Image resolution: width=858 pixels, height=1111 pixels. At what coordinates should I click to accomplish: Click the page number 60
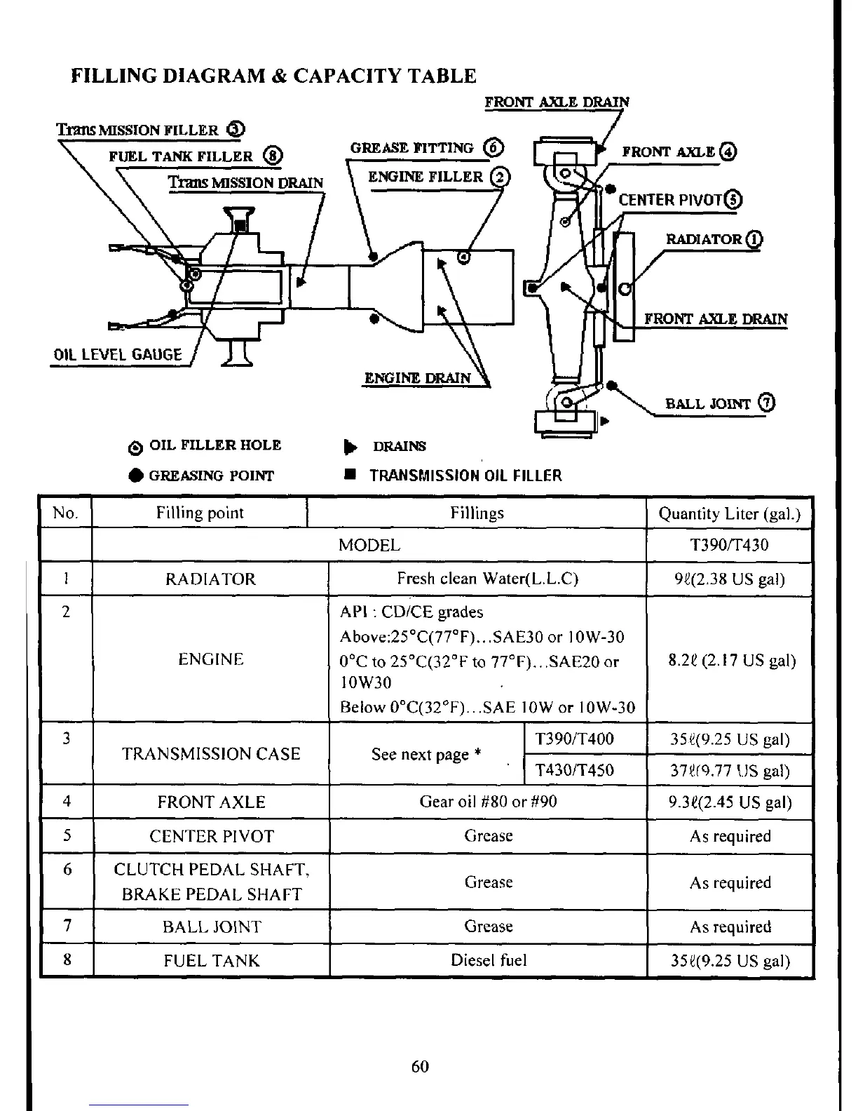(x=420, y=1066)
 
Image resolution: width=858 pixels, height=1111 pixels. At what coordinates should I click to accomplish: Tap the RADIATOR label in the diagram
(x=703, y=239)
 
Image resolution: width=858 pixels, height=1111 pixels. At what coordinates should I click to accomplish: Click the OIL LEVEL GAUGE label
(x=118, y=355)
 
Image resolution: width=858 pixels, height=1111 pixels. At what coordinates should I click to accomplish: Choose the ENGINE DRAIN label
(x=418, y=378)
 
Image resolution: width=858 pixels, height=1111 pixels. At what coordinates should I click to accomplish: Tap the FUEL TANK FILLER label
(x=181, y=156)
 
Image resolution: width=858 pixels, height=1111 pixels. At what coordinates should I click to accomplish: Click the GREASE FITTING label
(x=412, y=148)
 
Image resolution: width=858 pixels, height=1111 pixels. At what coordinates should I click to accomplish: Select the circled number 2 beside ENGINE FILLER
(x=500, y=177)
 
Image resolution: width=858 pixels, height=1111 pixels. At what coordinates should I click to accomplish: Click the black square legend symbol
(x=348, y=475)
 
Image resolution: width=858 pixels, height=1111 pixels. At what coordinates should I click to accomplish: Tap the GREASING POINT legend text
(x=211, y=476)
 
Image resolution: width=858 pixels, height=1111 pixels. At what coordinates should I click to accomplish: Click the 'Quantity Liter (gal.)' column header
(x=729, y=513)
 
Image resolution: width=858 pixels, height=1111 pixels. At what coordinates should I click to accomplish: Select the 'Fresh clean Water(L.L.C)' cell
(x=487, y=579)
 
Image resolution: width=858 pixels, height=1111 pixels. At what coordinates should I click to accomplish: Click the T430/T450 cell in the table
(x=575, y=770)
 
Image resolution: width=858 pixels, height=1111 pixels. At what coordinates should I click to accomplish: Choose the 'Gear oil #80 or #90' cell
(x=488, y=801)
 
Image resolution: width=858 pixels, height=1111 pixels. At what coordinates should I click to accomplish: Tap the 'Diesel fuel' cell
(x=489, y=960)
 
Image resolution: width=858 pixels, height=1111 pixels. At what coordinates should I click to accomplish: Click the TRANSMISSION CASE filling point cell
(x=211, y=754)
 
